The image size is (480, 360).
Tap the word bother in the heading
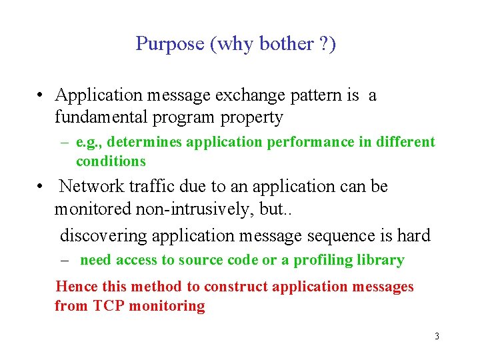[x=291, y=44]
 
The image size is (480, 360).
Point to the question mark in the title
[x=326, y=44]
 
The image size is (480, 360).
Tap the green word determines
[x=145, y=142]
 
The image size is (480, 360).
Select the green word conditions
[x=111, y=161]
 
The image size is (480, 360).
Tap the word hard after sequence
[x=414, y=235]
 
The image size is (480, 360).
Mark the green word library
[x=381, y=260]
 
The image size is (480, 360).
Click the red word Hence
[x=76, y=287]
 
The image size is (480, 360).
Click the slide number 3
[x=437, y=337]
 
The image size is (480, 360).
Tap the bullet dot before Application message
[x=41, y=96]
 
